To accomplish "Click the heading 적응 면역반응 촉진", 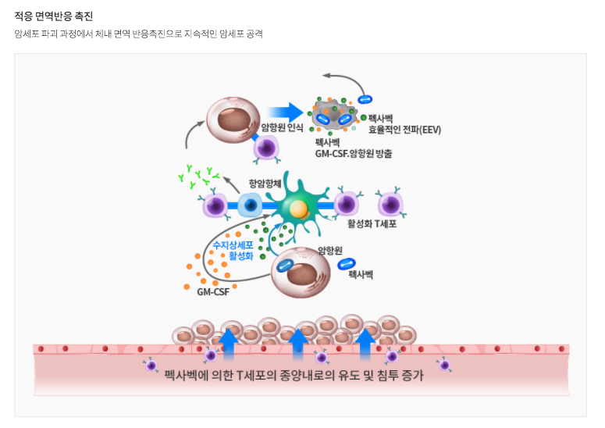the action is [x=53, y=16].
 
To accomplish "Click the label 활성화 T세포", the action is [x=372, y=224].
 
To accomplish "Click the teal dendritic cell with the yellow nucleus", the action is [x=297, y=207].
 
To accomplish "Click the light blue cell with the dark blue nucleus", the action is [x=251, y=205].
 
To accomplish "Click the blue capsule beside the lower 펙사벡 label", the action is [x=347, y=264].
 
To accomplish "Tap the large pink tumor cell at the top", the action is [x=233, y=122].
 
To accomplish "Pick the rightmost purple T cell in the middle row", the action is [x=390, y=205].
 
